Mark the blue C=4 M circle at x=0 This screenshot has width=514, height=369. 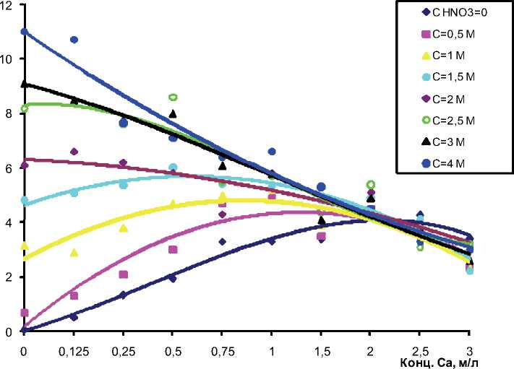tap(24, 32)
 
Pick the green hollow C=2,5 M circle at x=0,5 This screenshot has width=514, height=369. tap(173, 97)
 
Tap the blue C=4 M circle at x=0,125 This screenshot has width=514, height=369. tap(74, 40)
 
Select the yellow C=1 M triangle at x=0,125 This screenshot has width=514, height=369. tap(74, 253)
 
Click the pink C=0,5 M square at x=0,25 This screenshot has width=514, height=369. tap(124, 274)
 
